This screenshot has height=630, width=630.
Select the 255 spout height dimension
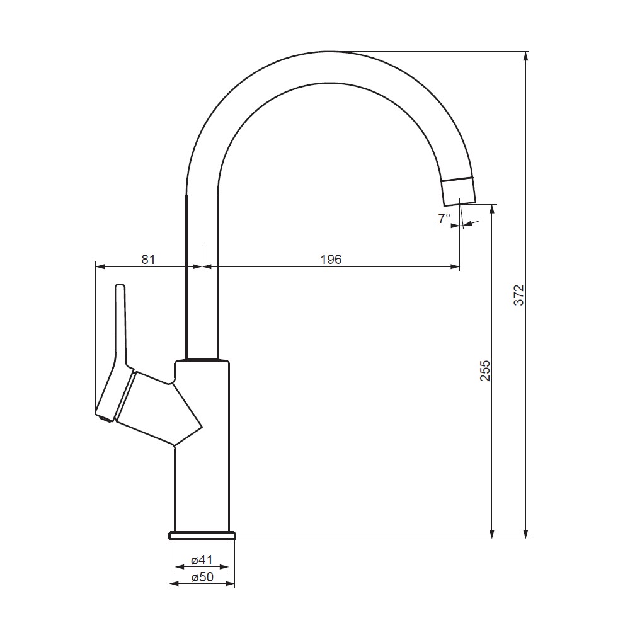point(485,370)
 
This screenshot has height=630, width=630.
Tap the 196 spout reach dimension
point(331,260)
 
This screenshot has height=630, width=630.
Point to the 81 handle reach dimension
point(148,260)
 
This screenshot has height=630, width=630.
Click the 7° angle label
point(444,218)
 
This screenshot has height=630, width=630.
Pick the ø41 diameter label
point(202,559)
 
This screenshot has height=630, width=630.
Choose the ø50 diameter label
point(202,577)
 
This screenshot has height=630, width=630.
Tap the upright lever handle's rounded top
point(120,287)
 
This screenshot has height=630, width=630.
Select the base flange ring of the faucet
point(202,535)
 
